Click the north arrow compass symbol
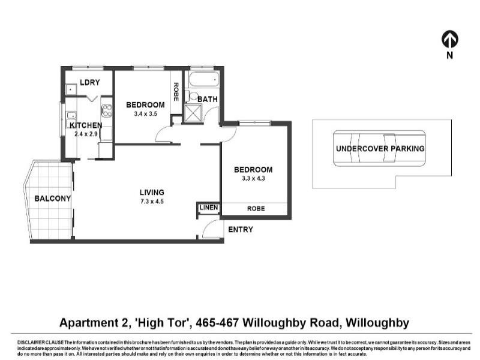[450, 40]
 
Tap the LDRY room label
[89, 83]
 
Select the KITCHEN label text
[86, 125]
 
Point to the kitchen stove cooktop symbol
[107, 110]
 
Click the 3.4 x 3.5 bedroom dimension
[145, 113]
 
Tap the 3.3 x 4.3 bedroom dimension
[253, 178]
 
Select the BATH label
[208, 99]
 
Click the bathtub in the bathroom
[203, 80]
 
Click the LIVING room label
[152, 193]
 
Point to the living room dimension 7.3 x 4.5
[152, 201]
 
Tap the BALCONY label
[52, 199]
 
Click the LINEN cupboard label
[209, 208]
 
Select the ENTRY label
[240, 230]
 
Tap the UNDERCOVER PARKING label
[380, 149]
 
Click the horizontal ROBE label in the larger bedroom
[256, 208]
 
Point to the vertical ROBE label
[176, 91]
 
